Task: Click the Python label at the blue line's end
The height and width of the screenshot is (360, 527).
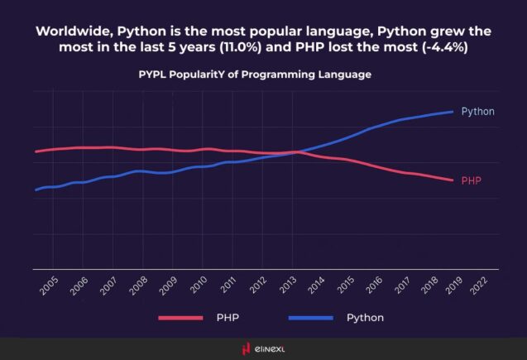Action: click(x=477, y=111)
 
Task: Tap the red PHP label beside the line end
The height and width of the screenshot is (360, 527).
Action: click(x=471, y=180)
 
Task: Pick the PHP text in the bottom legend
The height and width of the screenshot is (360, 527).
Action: click(x=228, y=318)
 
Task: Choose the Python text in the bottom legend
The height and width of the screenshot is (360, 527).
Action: click(x=365, y=318)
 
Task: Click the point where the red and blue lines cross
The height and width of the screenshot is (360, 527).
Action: click(x=296, y=151)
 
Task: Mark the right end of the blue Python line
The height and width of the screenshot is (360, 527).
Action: click(x=453, y=111)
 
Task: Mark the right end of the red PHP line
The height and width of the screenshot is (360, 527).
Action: click(x=453, y=180)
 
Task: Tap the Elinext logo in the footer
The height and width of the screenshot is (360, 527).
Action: click(x=263, y=349)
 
